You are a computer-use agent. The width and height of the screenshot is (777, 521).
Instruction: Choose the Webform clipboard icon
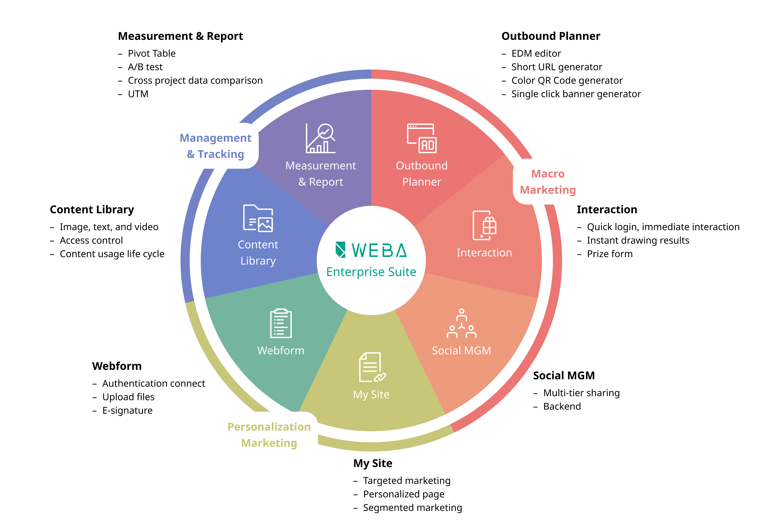[281, 323]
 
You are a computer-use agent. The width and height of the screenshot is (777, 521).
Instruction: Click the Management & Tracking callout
[215, 146]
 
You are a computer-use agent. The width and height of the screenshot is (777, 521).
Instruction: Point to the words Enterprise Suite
[371, 272]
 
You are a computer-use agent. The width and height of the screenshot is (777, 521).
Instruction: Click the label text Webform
[281, 351]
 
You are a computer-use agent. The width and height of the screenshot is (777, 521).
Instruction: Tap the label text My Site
[371, 394]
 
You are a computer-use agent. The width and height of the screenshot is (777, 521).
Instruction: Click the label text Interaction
[484, 253]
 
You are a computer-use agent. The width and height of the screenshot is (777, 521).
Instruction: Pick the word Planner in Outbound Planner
[422, 182]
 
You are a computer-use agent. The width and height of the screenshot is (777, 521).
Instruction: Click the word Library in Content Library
[258, 261]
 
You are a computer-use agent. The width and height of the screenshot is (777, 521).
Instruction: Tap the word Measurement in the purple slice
[321, 166]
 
